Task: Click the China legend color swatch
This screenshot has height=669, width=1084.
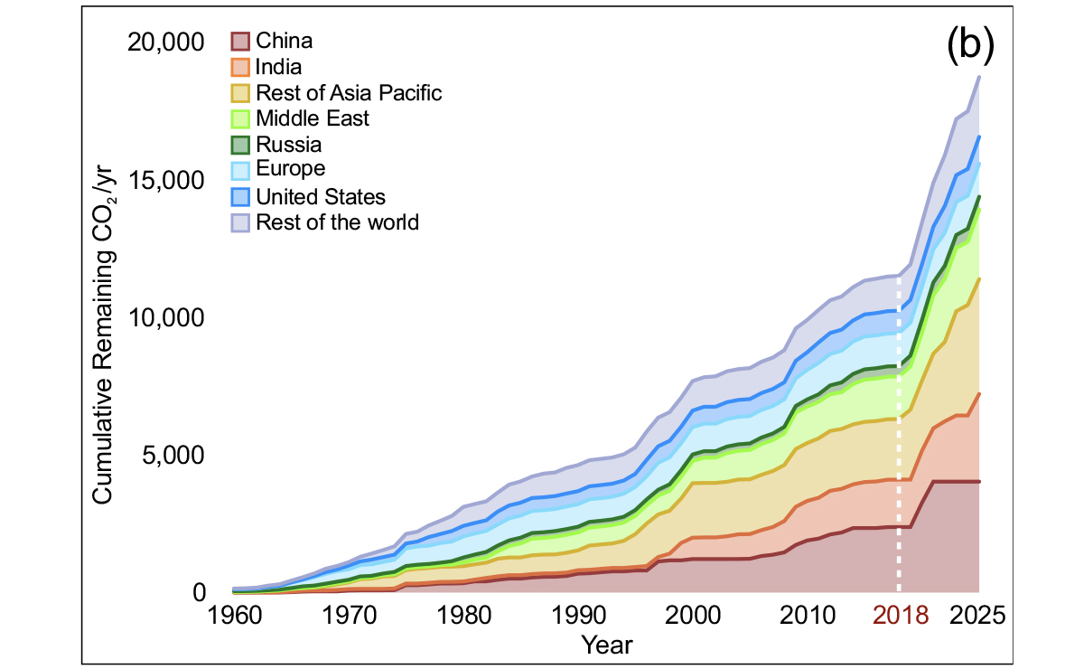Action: coord(240,41)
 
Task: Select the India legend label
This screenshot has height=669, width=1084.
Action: coord(278,66)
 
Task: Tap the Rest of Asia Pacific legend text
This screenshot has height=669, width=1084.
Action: coord(349,92)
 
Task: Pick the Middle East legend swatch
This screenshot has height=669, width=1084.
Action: coord(240,118)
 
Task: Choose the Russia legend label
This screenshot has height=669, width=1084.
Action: coord(289,145)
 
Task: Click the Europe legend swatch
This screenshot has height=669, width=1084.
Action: coord(240,170)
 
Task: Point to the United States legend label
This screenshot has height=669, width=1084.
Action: coord(321,196)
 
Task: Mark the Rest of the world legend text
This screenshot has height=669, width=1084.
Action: coord(338,221)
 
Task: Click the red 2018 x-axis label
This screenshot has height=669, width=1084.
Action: coord(900,617)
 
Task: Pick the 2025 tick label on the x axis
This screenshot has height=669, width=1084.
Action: coord(977,617)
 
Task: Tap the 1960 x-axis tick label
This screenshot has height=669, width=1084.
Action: coord(233,617)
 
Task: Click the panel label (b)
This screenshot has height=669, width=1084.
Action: coord(969,44)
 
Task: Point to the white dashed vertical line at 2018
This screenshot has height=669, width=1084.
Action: coord(899,452)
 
